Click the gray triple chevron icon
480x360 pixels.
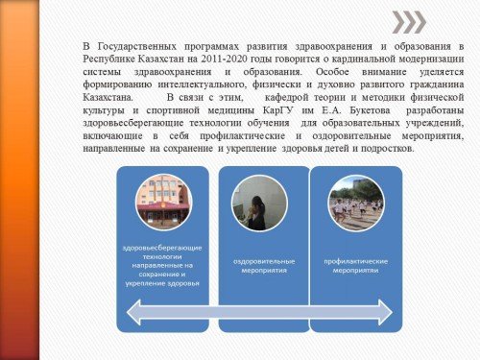(x=409, y=22)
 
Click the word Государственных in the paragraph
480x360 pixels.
(x=137, y=46)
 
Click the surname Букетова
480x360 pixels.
(x=370, y=110)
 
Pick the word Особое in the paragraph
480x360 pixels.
(x=332, y=72)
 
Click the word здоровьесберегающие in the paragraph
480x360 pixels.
(x=133, y=123)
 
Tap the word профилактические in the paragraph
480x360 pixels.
(x=243, y=136)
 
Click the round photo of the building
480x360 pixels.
(x=163, y=203)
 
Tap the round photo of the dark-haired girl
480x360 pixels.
(x=259, y=203)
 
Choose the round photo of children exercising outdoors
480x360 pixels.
(x=356, y=203)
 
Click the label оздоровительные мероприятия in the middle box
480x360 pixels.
(x=264, y=266)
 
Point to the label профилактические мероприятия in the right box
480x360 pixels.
(x=356, y=266)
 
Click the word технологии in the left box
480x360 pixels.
(x=162, y=256)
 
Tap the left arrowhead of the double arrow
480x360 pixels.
(x=133, y=312)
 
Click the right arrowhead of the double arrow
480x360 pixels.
(x=386, y=312)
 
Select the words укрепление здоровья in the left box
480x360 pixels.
(x=162, y=283)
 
